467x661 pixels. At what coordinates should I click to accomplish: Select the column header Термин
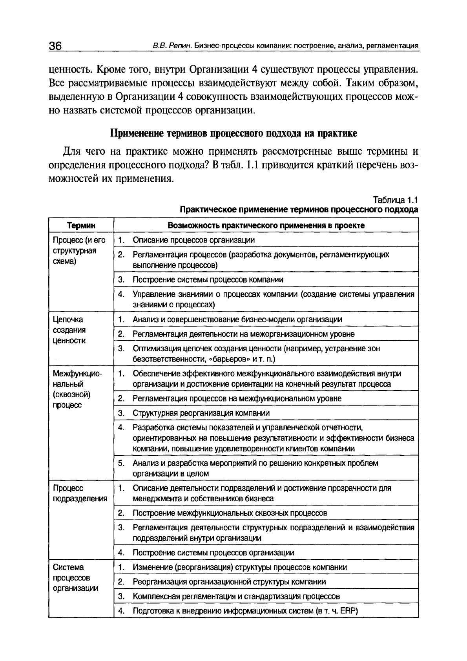point(81,225)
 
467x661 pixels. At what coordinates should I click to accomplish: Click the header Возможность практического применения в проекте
point(266,225)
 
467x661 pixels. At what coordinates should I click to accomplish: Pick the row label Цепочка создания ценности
point(69,330)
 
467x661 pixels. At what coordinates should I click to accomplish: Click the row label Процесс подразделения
point(80,493)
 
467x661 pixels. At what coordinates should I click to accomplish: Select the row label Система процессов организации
point(75,578)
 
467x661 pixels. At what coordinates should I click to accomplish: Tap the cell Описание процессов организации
point(193,240)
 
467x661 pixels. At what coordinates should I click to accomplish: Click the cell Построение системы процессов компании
point(208,279)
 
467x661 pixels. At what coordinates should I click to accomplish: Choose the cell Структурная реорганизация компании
point(201,413)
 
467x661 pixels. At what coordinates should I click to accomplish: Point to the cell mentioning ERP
point(246,611)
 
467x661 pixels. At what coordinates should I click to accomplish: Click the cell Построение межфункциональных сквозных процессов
point(230,513)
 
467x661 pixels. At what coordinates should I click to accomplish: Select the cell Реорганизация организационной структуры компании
point(229,582)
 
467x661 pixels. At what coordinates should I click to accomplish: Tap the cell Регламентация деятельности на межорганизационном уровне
point(243,334)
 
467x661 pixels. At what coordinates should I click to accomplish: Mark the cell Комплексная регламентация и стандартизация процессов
point(236,596)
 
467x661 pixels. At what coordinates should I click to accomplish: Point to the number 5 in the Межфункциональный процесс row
point(121,463)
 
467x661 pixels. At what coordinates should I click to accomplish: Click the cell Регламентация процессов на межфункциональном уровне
point(237,398)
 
